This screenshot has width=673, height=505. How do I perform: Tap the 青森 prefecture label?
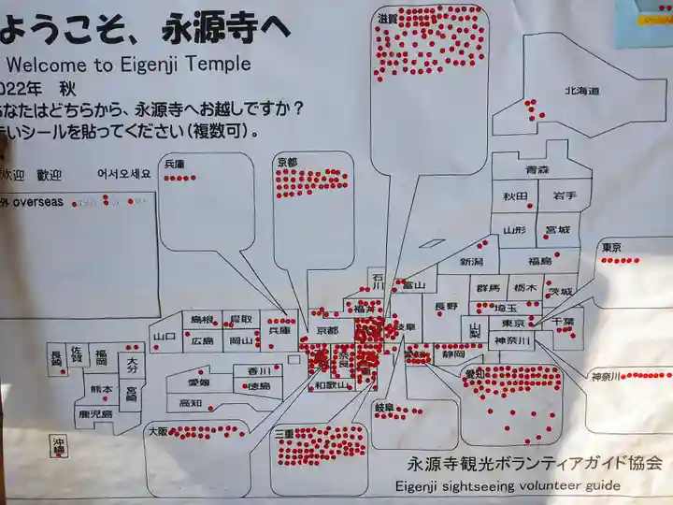[x=537, y=170]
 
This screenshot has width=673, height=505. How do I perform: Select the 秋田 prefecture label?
[x=516, y=196]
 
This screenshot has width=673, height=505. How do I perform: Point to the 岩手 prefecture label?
[x=564, y=196]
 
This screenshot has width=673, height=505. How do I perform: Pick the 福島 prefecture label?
[x=539, y=262]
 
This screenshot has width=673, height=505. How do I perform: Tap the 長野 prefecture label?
[x=447, y=306]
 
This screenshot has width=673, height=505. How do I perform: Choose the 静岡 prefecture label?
[x=454, y=354]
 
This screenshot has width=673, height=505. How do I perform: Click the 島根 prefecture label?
[x=203, y=320]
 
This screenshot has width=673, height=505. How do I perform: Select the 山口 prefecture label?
[x=165, y=337]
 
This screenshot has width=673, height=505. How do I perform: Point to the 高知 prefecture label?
[x=191, y=403]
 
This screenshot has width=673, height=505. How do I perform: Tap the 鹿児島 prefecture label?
[x=95, y=413]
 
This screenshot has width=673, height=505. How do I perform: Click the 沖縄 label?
[x=60, y=447]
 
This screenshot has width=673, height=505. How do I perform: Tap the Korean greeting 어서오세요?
[x=123, y=174]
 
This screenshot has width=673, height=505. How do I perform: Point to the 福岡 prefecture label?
[x=100, y=356]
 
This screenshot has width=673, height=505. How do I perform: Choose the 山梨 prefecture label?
[x=475, y=327]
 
